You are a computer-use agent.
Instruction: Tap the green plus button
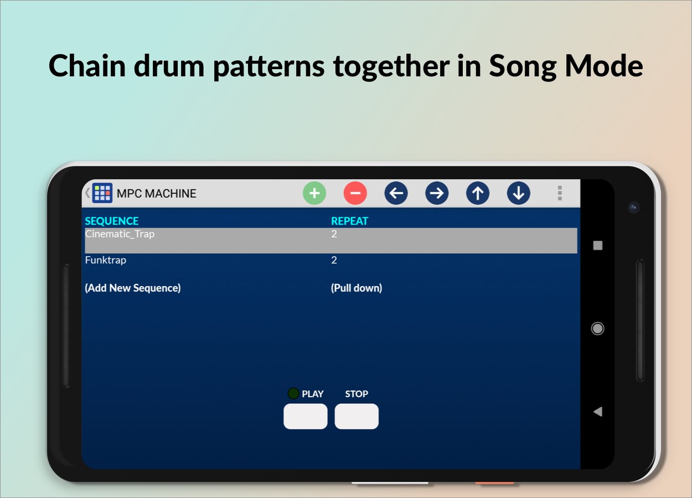[x=314, y=193]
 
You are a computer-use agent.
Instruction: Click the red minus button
[x=355, y=193]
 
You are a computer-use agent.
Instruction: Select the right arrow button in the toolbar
[x=437, y=193]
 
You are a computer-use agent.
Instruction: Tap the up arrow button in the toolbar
[x=478, y=193]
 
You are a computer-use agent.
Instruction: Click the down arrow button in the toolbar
[x=518, y=193]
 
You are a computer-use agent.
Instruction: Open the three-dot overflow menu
[x=560, y=193]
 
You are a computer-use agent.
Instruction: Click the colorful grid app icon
[x=102, y=193]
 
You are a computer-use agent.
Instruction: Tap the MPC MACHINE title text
[x=156, y=194]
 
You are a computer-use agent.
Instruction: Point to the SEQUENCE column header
[x=112, y=221]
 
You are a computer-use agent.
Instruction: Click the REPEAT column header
[x=349, y=221]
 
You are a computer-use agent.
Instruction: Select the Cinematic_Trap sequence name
[x=120, y=234]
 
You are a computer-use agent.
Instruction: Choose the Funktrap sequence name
[x=106, y=260]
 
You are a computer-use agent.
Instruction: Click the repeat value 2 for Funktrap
[x=334, y=260]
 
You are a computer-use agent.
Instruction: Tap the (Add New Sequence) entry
[x=133, y=288]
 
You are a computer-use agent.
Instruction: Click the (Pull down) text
[x=357, y=288]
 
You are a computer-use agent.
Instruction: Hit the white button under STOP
[x=357, y=416]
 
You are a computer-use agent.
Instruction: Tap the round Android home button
[x=597, y=329]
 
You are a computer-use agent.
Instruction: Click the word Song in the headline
[x=523, y=66]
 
